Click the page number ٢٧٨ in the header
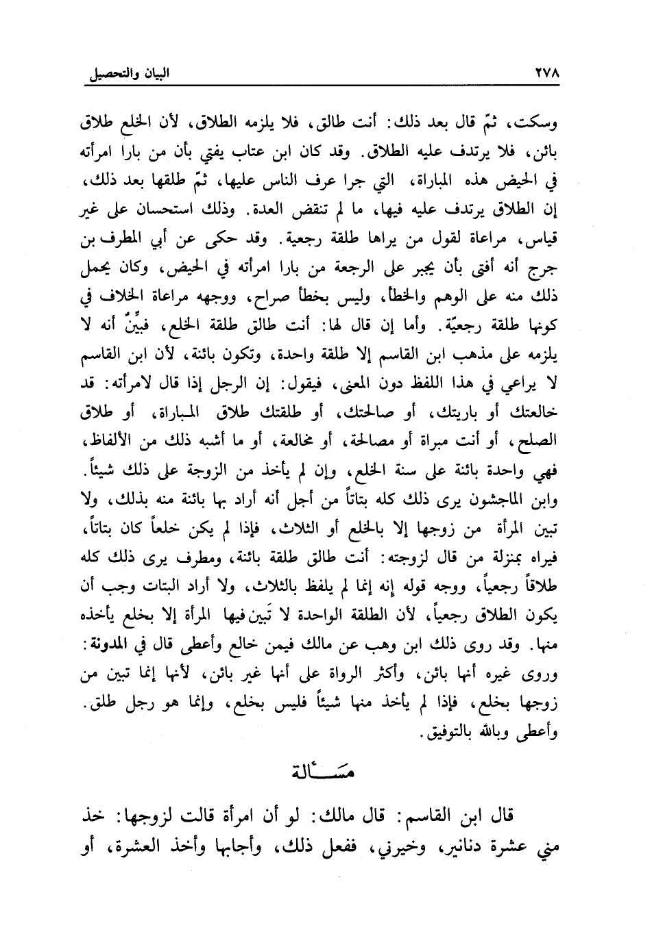tap(544, 72)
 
